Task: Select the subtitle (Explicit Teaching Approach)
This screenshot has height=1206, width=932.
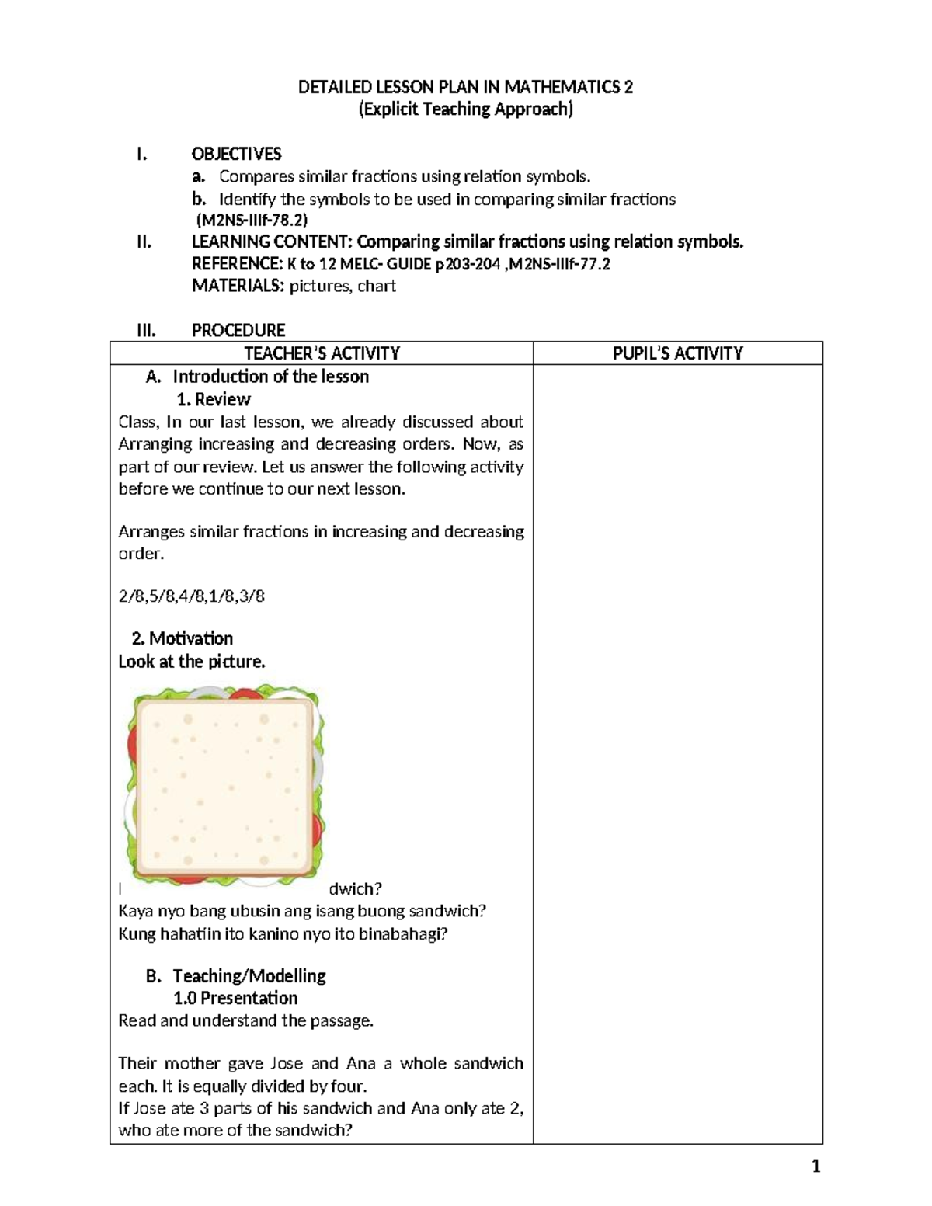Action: pyautogui.click(x=465, y=109)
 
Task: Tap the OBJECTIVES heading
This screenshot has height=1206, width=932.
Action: pyautogui.click(x=236, y=154)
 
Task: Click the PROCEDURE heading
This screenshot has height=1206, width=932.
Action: pyautogui.click(x=238, y=330)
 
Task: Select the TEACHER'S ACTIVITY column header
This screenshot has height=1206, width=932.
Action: pyautogui.click(x=322, y=353)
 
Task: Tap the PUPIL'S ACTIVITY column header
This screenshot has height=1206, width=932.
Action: pyautogui.click(x=677, y=353)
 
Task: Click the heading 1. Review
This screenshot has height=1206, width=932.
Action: pyautogui.click(x=214, y=399)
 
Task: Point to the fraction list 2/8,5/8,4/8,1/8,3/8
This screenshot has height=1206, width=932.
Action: pyautogui.click(x=191, y=596)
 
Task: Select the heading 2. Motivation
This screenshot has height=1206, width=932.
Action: pyautogui.click(x=183, y=638)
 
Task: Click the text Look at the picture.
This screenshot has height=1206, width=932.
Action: pyautogui.click(x=192, y=662)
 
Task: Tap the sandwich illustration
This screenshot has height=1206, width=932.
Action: pyautogui.click(x=224, y=786)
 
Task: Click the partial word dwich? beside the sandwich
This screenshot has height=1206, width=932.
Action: pyautogui.click(x=355, y=888)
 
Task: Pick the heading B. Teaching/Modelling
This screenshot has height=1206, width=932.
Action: pyautogui.click(x=236, y=975)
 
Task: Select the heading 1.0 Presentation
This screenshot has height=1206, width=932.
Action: pyautogui.click(x=235, y=998)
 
